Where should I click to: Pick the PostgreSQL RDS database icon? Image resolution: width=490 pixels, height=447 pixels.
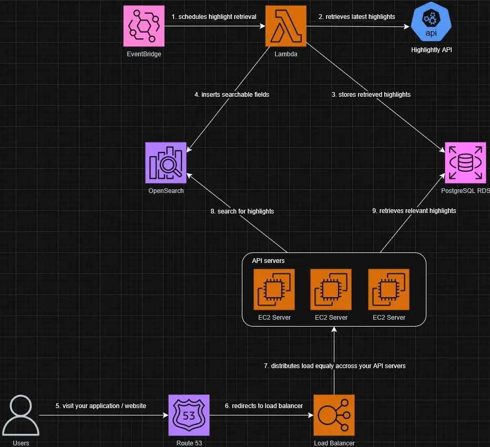[x=466, y=163]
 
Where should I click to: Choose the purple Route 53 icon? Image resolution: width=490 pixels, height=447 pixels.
[x=189, y=415]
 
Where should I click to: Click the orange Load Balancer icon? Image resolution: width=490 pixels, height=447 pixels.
[x=334, y=415]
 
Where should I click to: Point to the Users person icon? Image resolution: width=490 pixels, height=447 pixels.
[x=21, y=415]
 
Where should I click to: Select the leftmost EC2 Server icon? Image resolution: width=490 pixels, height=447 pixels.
[x=273, y=290]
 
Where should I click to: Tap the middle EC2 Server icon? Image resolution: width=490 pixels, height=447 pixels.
[x=331, y=290]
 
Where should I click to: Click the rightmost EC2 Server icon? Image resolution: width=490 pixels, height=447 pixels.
[x=389, y=290]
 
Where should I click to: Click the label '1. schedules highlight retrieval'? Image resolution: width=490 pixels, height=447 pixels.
[x=214, y=17]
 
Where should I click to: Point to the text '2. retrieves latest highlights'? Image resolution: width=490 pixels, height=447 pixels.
[x=356, y=17]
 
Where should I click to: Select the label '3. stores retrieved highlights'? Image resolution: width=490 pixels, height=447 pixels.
[x=371, y=95]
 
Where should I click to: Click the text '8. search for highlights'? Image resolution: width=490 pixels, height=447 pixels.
[x=242, y=211]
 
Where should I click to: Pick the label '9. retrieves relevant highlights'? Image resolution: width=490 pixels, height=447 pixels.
[x=414, y=211]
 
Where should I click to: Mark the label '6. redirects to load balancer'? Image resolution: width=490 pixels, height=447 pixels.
[x=263, y=406]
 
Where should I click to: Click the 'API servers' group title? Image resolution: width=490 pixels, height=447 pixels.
[x=268, y=261]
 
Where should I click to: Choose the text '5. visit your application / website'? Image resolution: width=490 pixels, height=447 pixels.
[x=100, y=406]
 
